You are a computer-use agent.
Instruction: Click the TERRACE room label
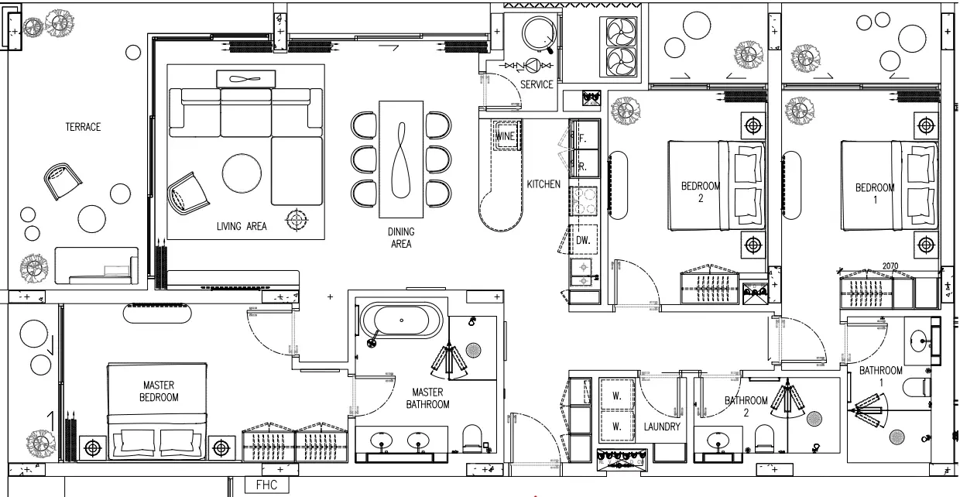tap(83, 127)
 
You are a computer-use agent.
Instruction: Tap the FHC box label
tap(266, 485)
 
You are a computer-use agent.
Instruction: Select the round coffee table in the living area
tap(242, 173)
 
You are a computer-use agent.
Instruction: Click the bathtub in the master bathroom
tap(401, 320)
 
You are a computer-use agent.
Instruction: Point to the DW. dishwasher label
tap(583, 240)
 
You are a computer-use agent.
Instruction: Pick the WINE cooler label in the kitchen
tap(505, 136)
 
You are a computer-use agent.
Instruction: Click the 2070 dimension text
tap(890, 266)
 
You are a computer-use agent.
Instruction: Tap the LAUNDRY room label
tap(662, 427)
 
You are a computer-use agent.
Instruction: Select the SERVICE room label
tap(537, 84)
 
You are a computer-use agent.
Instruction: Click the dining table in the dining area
tap(401, 159)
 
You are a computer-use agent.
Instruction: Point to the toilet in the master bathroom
tap(472, 438)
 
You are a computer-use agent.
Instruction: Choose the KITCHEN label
tap(543, 184)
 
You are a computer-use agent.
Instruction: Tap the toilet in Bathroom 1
tap(917, 387)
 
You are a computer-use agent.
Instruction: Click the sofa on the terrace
tap(97, 266)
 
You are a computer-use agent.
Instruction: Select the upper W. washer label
tap(616, 396)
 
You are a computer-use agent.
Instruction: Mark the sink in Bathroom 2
tap(718, 440)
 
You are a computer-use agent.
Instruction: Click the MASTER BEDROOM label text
tap(159, 391)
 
